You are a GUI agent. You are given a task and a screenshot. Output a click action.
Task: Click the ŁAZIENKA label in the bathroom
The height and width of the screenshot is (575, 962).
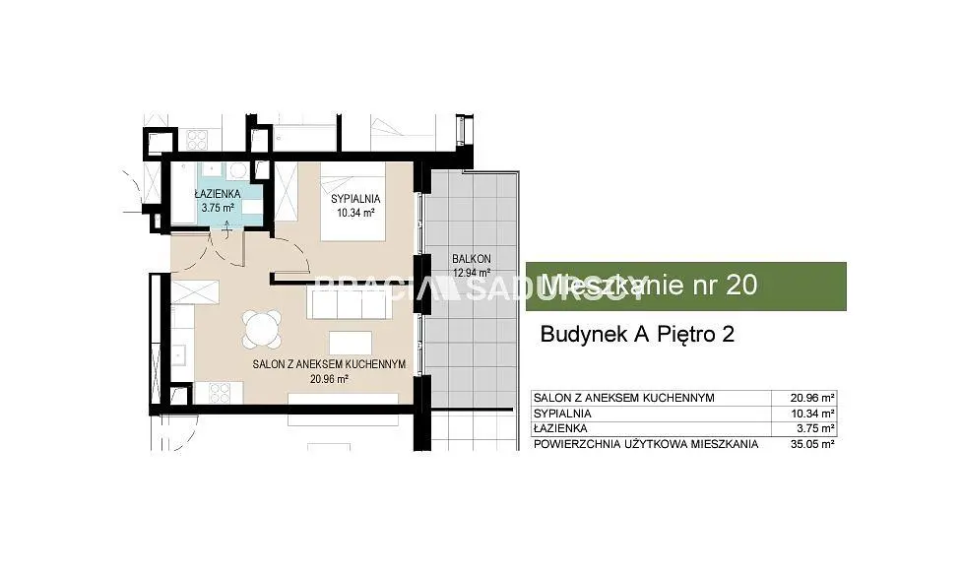coord(218,194)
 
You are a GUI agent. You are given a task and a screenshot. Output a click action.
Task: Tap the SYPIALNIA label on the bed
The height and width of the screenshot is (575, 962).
coord(355,199)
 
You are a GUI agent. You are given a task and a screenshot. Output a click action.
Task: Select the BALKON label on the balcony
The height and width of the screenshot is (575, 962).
coord(472,259)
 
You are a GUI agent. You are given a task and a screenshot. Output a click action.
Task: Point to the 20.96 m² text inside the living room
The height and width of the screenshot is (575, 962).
coord(330,379)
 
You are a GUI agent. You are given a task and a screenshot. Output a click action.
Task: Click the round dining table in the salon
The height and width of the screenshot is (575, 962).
coord(262,329)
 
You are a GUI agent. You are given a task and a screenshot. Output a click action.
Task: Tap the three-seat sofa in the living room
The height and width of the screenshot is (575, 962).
coord(347,303)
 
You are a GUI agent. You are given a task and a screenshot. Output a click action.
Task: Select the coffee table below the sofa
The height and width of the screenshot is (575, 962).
coord(351,343)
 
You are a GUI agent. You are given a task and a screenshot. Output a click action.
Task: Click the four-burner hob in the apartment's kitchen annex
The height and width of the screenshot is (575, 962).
coord(219,393)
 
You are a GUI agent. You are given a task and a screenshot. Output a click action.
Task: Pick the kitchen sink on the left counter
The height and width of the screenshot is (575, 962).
coord(180,355)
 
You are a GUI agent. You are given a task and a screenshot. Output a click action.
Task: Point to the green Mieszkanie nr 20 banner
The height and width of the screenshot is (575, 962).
coord(686,286)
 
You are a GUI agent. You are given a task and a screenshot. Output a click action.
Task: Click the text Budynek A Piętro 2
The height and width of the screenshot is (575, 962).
coord(637,335)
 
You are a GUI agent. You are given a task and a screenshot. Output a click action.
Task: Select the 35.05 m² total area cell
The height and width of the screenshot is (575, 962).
coord(812,444)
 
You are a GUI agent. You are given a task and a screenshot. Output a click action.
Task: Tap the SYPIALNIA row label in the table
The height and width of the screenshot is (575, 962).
coord(562,414)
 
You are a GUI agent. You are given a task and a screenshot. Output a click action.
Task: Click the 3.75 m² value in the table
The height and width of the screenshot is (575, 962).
coord(815,428)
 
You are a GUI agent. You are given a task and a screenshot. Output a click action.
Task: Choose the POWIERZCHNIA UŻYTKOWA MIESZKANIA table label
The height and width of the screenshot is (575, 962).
coord(646,444)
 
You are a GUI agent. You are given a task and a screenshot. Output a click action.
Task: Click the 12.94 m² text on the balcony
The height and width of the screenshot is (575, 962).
coord(472,273)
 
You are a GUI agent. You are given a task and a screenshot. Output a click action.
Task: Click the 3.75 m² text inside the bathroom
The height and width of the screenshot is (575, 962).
coord(218,208)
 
